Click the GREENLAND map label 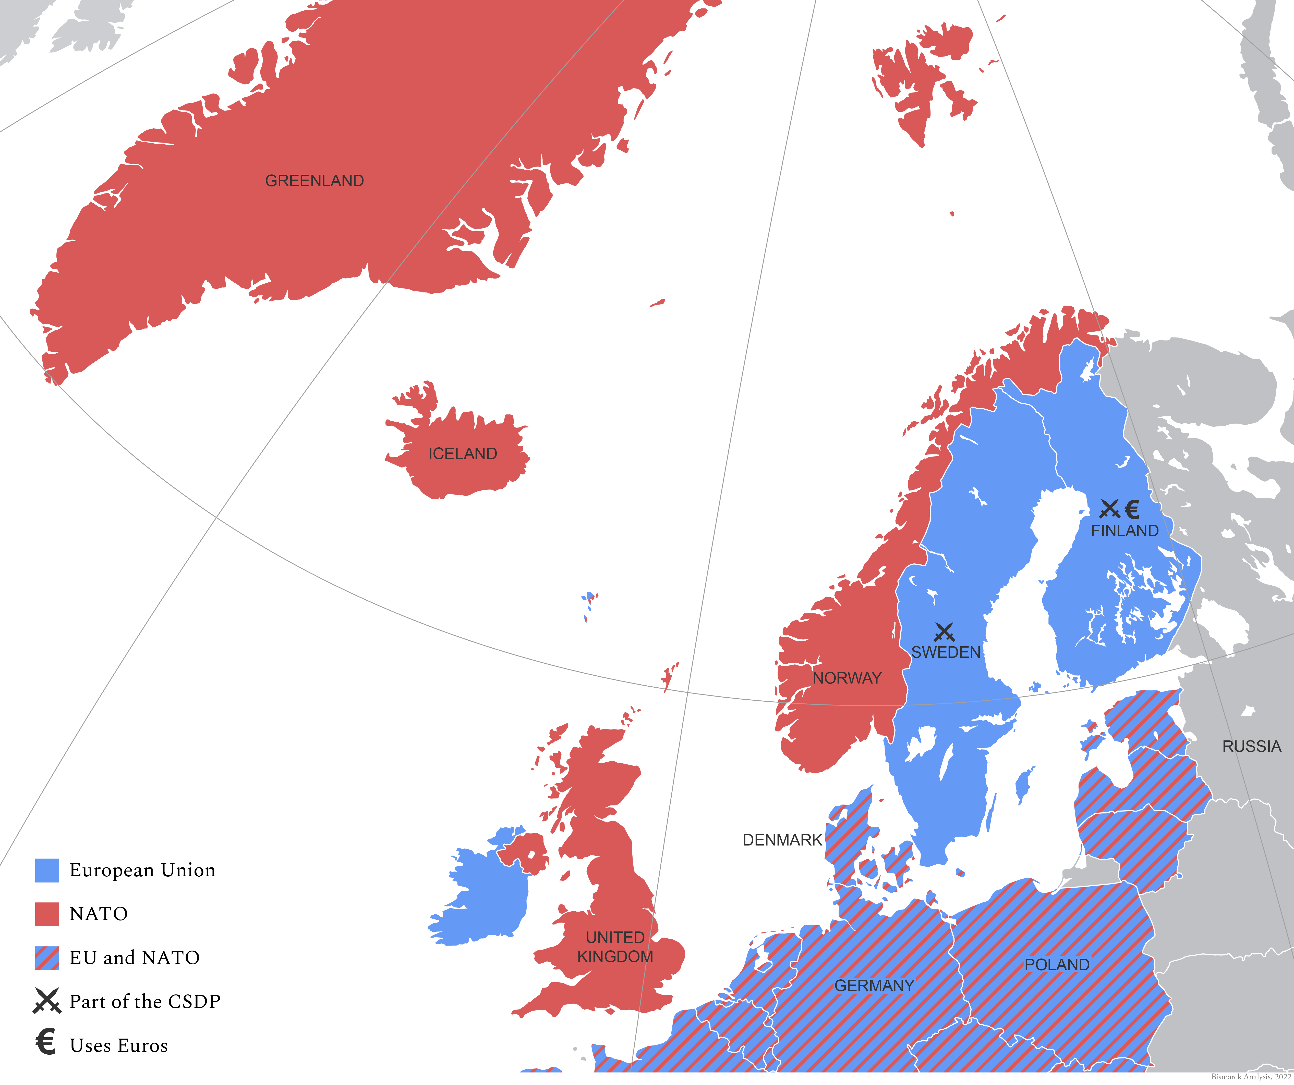tap(314, 180)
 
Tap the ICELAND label tap(463, 454)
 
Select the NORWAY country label tap(847, 678)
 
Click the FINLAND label tap(1124, 530)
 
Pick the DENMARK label tap(782, 840)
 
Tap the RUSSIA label tap(1251, 746)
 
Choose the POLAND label tap(1057, 964)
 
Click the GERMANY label tap(874, 985)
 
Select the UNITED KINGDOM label tap(615, 947)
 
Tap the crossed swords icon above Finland tap(1109, 509)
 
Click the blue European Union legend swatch tap(47, 870)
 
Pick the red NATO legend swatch tap(47, 914)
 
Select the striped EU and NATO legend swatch tap(47, 957)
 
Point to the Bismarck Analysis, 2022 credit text tap(1251, 1077)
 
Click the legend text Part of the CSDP tap(145, 1001)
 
